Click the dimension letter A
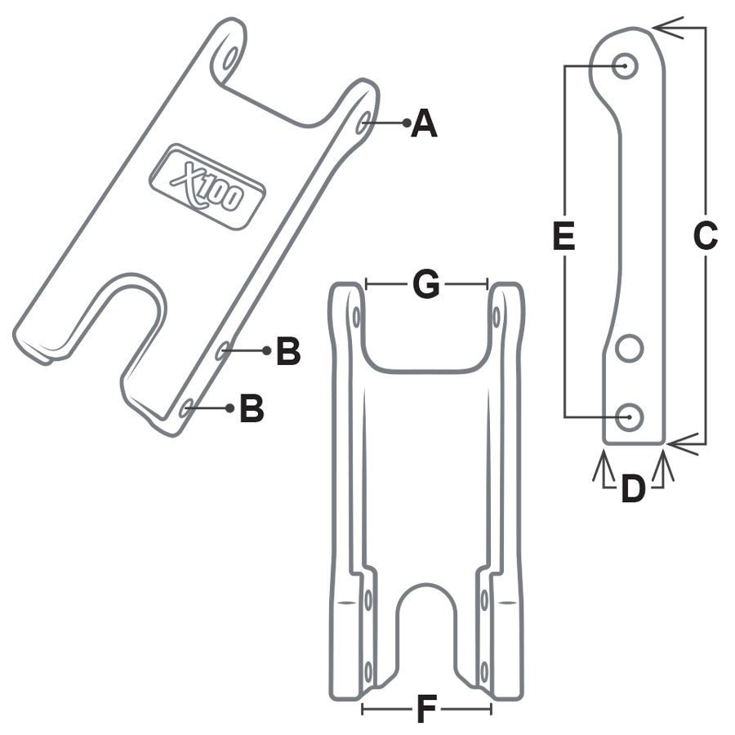[x=424, y=124]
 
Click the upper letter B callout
[x=287, y=352]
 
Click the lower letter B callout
[x=252, y=408]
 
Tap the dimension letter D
[x=633, y=489]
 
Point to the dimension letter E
[x=564, y=236]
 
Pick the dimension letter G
[x=426, y=285]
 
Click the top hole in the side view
[x=626, y=65]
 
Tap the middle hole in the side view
[x=630, y=349]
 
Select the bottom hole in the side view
[x=630, y=416]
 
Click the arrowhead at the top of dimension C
[x=663, y=29]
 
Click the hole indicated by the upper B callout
[x=222, y=351]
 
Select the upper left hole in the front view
[x=357, y=315]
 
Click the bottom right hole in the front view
[x=484, y=671]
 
